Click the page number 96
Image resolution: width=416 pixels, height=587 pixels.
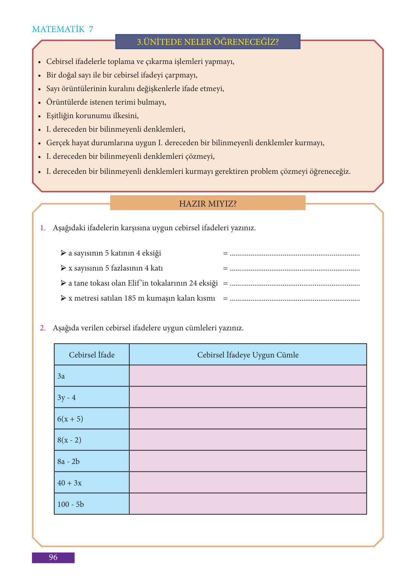coord(53,557)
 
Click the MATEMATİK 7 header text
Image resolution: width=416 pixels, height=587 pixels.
coord(62,29)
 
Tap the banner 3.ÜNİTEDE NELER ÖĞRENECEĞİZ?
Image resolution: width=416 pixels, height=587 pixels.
coord(208,42)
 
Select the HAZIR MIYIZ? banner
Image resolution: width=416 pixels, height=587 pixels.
coord(208,204)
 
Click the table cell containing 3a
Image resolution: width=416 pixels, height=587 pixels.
coord(91,376)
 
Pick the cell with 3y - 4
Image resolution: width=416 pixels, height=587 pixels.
coord(91,397)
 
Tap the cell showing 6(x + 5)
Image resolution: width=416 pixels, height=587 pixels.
coord(91,419)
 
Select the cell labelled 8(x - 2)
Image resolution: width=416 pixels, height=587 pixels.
coord(91,440)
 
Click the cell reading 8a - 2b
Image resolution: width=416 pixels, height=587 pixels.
coord(91,461)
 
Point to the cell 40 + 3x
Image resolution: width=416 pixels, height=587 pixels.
coord(91,483)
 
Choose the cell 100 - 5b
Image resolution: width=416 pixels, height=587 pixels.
coord(91,504)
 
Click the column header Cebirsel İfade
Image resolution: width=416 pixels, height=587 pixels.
coord(92,355)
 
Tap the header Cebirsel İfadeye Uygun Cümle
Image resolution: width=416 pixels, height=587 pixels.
coord(248,355)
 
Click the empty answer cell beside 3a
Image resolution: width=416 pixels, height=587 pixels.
coord(248,376)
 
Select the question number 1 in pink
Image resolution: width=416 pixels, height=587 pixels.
coord(43,228)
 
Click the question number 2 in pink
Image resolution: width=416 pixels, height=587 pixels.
coord(43,328)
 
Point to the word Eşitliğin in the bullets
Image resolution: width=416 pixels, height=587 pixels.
coord(61,116)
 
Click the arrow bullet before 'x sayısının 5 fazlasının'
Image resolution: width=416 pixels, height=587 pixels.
coord(63,268)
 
